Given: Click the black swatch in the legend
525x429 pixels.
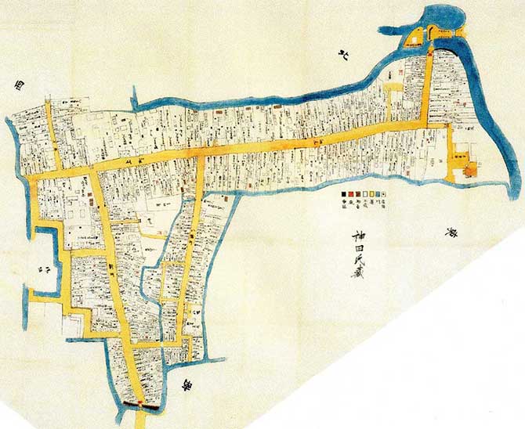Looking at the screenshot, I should pyautogui.click(x=342, y=193).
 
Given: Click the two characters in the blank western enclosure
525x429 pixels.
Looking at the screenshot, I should pyautogui.click(x=40, y=269).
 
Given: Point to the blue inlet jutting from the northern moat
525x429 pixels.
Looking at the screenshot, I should pyautogui.click(x=135, y=99).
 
